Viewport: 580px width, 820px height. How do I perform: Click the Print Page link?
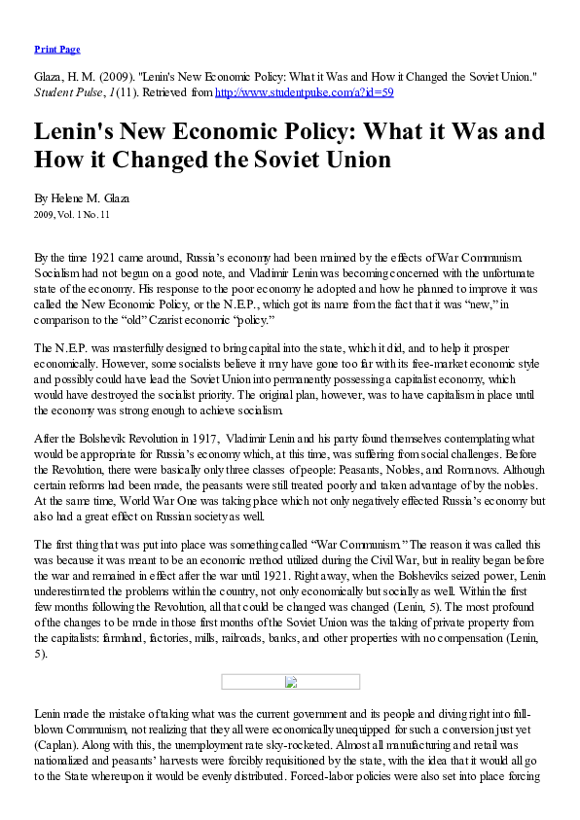coord(56,49)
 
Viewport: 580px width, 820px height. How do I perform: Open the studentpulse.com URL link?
coord(304,93)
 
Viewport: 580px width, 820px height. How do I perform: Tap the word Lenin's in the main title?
coord(80,131)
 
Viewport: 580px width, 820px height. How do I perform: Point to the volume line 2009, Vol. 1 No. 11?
coord(72,213)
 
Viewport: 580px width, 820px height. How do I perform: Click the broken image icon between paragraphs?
coord(290,682)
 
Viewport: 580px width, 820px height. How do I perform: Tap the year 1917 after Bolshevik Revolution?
coord(199,439)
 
